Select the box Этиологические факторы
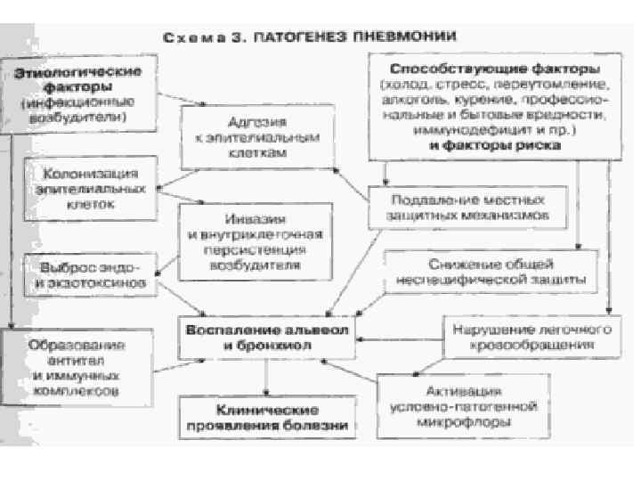click(76, 94)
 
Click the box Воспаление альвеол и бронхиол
click(267, 338)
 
